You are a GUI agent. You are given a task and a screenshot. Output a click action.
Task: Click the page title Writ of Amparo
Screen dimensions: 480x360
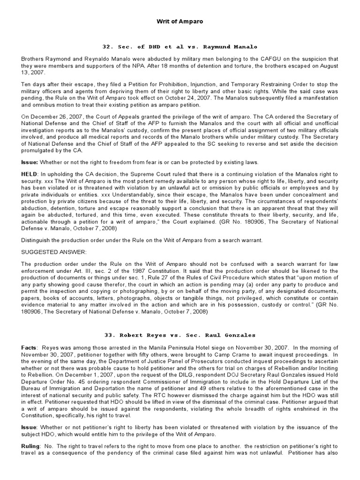tap(180, 22)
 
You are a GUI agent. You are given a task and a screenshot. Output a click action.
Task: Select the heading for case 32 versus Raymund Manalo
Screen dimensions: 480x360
tap(180, 47)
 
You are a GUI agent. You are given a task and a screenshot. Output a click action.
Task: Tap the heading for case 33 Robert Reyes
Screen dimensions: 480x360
tap(180, 335)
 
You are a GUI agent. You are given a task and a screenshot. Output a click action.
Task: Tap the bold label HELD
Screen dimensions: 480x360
tap(30, 173)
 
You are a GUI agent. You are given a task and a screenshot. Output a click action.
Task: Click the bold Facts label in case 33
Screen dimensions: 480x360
tap(30, 347)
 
